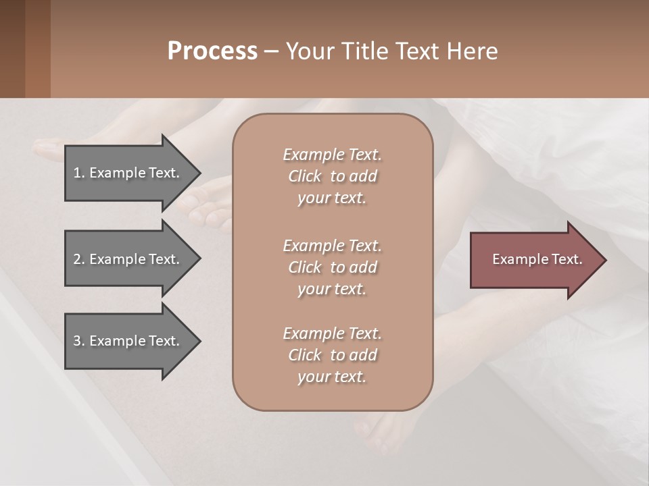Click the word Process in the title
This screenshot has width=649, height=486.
point(212,51)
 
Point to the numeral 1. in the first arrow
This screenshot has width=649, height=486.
point(78,173)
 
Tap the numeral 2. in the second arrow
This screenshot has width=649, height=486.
point(78,259)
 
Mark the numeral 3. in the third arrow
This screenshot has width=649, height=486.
point(78,341)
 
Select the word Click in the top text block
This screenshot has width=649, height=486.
point(305,176)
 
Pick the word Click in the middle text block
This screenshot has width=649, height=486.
point(305,267)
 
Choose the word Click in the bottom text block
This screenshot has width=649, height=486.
point(305,355)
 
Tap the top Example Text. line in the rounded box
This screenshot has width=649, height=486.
point(332,155)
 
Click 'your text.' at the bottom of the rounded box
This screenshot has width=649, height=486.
point(332,377)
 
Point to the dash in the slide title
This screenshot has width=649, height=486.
point(272,51)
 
